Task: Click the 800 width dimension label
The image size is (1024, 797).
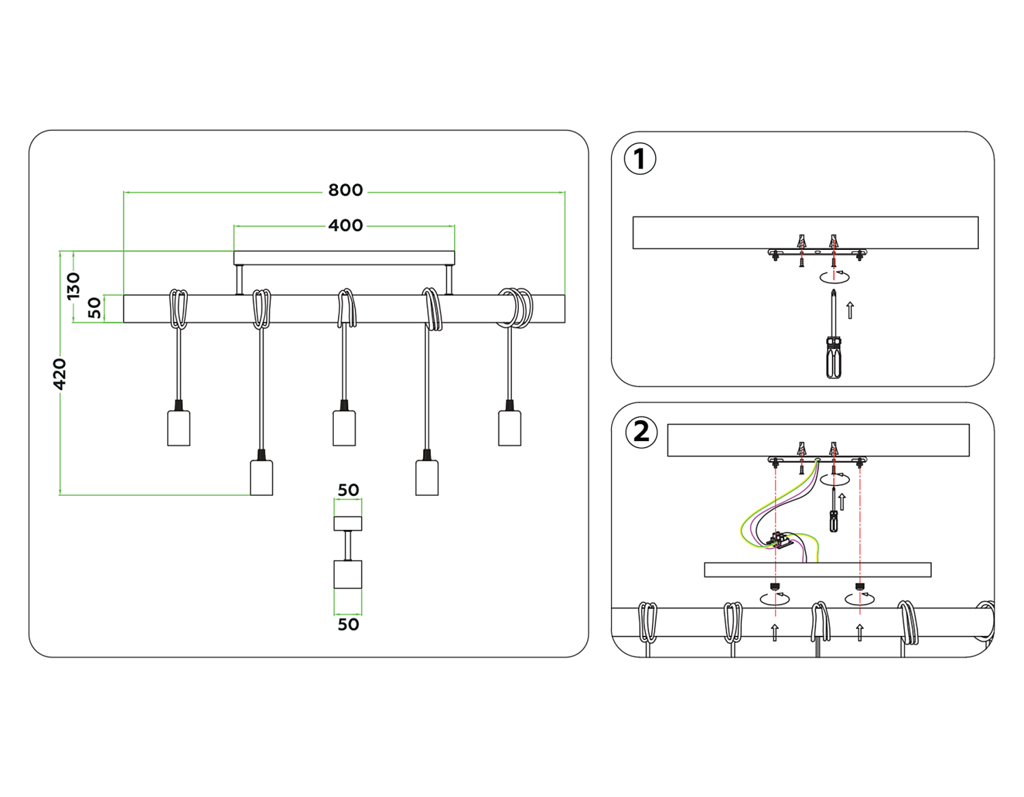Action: [345, 190]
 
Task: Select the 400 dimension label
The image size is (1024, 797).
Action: [345, 225]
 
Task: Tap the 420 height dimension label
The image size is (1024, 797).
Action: [60, 374]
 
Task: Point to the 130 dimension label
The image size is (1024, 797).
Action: [73, 285]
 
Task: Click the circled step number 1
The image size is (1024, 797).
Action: [640, 159]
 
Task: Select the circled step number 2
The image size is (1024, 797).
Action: [641, 432]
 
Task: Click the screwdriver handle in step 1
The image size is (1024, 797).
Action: [834, 359]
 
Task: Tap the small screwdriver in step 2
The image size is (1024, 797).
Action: [834, 519]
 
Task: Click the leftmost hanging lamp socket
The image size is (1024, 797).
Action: [179, 428]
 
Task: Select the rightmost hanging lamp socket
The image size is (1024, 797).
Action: [509, 428]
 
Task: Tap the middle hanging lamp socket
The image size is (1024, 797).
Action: [344, 428]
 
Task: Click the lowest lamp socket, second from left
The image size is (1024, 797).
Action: [261, 477]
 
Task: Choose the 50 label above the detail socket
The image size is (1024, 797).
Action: [348, 490]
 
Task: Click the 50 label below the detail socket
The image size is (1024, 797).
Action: [348, 624]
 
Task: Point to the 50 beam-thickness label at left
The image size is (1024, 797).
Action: [95, 308]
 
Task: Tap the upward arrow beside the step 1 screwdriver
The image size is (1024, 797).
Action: [850, 310]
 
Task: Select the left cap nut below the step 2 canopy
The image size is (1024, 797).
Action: [775, 587]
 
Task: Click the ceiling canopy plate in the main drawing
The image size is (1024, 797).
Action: [344, 258]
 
